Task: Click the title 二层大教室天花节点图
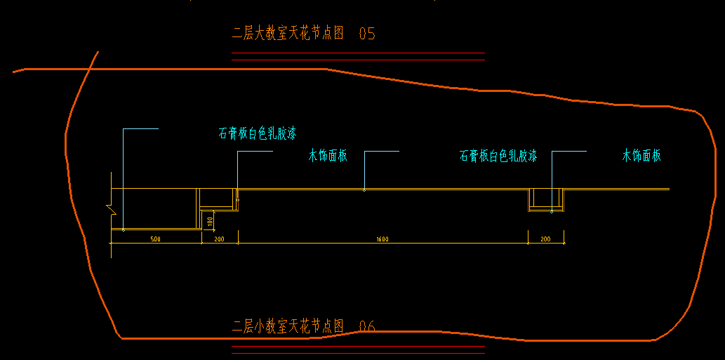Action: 288,33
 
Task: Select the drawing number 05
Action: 367,33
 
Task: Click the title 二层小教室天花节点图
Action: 288,326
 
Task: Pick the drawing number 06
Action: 367,326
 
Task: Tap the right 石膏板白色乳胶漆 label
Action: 498,156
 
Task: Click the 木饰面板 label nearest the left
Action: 328,156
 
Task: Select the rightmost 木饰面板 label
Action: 641,156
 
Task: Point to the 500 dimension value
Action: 156,239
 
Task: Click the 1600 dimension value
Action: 383,239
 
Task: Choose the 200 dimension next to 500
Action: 220,239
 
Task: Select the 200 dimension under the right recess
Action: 546,239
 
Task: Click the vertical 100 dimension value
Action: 210,222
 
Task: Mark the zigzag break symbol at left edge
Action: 110,207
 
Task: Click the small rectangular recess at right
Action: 546,199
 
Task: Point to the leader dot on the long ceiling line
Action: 364,189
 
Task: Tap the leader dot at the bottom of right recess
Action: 552,211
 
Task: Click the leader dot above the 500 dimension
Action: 124,229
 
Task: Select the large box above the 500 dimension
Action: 154,208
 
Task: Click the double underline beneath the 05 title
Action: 358,57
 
